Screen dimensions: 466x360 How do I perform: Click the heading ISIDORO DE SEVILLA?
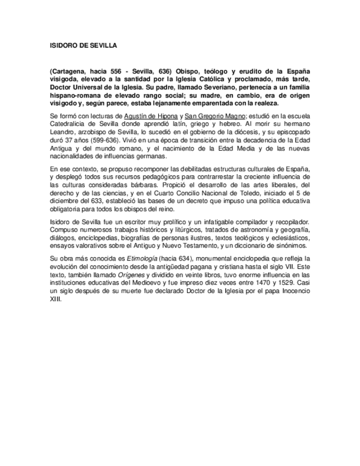click(83, 46)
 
